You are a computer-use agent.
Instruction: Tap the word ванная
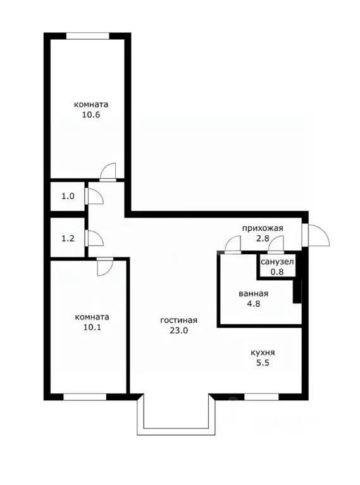pyautogui.click(x=254, y=293)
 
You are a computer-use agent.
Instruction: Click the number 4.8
pyautogui.click(x=254, y=304)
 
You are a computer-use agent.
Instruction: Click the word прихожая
pyautogui.click(x=262, y=228)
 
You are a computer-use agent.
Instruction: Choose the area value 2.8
pyautogui.click(x=262, y=239)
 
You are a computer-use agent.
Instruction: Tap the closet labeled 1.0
pyautogui.click(x=68, y=196)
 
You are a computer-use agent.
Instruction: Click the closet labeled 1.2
pyautogui.click(x=68, y=238)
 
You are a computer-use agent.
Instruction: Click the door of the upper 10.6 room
pyautogui.click(x=108, y=173)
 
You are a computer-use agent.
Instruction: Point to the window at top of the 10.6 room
pyautogui.click(x=87, y=35)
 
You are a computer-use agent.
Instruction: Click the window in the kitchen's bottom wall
pyautogui.click(x=261, y=397)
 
